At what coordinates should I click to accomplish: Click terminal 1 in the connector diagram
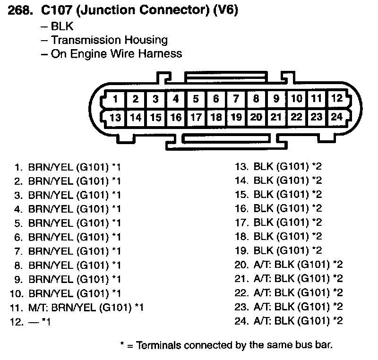[x=116, y=100]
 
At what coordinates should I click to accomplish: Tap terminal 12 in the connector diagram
[x=336, y=99]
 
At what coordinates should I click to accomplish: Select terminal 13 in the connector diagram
[x=116, y=118]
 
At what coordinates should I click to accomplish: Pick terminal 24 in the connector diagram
[x=336, y=117]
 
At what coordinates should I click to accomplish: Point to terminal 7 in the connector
[x=236, y=99]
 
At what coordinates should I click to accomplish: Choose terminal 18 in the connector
[x=216, y=117]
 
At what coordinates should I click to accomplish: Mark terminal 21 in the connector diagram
[x=276, y=117]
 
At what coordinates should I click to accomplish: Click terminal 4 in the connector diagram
[x=176, y=99]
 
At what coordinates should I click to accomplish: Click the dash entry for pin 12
[x=33, y=322]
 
